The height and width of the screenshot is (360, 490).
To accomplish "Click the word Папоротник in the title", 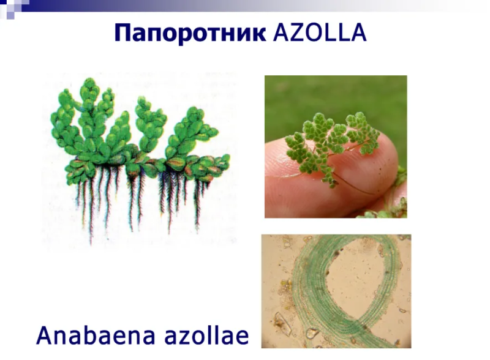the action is tap(190, 32).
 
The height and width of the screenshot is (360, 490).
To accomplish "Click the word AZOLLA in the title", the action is tap(319, 32).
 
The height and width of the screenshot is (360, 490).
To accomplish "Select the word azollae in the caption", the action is tap(206, 336).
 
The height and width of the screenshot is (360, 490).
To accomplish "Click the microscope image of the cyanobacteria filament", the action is tap(336, 291).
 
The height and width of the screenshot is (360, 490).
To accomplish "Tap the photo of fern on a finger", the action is tap(336, 146).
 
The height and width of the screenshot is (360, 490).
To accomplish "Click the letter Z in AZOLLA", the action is tap(297, 32).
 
